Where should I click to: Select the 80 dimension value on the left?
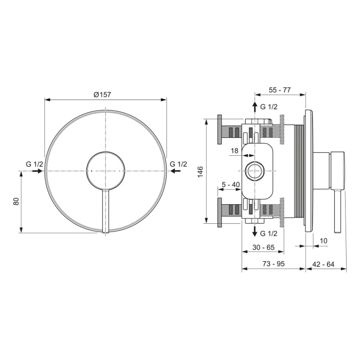click(x=16, y=202)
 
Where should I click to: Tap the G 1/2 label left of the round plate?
click(x=34, y=164)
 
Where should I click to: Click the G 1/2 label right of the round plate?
click(x=178, y=164)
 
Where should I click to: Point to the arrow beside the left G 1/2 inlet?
click(x=37, y=171)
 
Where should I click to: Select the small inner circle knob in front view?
click(x=105, y=171)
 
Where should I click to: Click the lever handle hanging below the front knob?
click(x=105, y=211)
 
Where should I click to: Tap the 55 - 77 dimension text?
click(x=280, y=89)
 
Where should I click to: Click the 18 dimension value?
click(x=235, y=151)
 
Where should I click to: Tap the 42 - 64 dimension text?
click(x=323, y=264)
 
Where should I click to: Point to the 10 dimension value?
click(x=323, y=241)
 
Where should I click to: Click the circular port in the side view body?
click(x=254, y=171)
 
